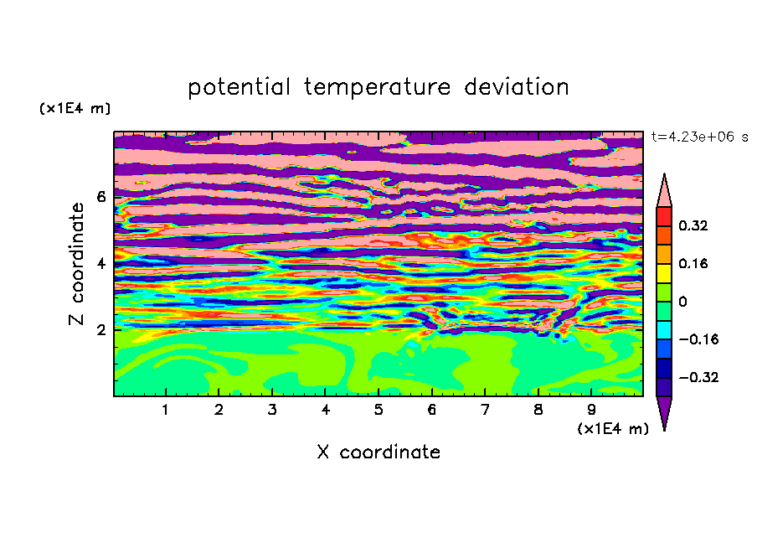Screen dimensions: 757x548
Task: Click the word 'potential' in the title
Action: click(x=239, y=87)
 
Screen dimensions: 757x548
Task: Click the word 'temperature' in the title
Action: click(x=378, y=87)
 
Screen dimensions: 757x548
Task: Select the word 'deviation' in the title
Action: click(x=517, y=86)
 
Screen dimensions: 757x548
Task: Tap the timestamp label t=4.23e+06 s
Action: click(x=699, y=137)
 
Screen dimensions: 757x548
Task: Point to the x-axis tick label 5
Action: click(x=378, y=410)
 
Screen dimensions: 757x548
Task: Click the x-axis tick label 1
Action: click(x=166, y=410)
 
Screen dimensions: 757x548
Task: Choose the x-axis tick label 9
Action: click(x=591, y=410)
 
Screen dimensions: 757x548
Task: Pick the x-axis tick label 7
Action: click(x=485, y=410)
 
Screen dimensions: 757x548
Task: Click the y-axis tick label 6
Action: click(x=101, y=197)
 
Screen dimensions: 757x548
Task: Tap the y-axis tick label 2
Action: click(x=101, y=330)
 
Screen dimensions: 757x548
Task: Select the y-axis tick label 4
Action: click(x=101, y=263)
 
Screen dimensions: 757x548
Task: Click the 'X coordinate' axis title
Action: click(x=379, y=452)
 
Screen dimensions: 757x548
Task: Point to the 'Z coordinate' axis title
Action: click(x=77, y=263)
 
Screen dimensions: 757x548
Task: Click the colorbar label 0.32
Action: click(x=693, y=225)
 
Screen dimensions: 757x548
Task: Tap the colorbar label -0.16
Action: click(x=698, y=339)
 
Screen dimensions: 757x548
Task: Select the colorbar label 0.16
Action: click(x=693, y=263)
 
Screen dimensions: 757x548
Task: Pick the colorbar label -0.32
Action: click(x=698, y=377)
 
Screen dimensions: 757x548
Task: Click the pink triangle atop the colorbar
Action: click(x=664, y=194)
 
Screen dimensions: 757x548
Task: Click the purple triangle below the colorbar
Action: click(x=664, y=410)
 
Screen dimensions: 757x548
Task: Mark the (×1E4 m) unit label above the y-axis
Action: click(x=75, y=108)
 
